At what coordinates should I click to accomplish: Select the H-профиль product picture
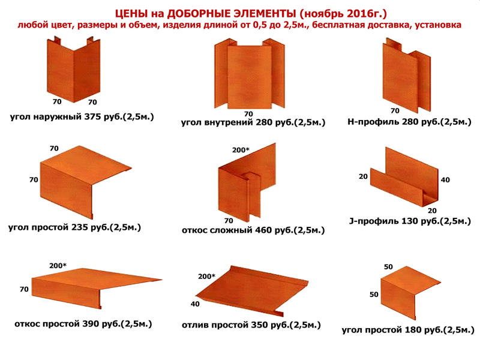pos(407,74)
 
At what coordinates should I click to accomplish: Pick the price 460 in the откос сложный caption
pos(262,230)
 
